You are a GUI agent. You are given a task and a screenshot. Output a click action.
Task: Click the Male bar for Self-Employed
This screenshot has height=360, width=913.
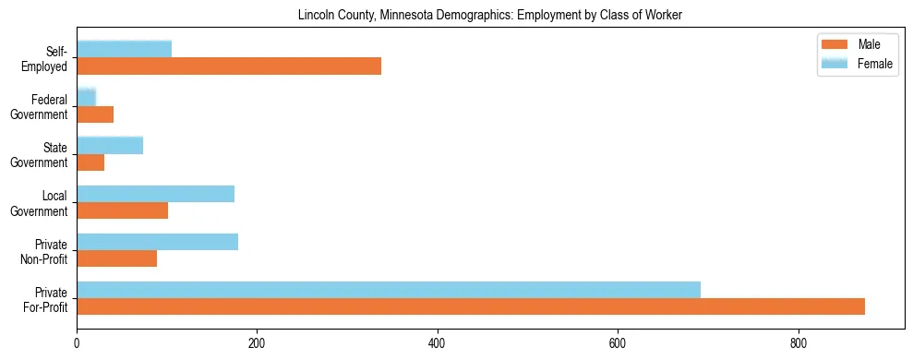click(x=229, y=66)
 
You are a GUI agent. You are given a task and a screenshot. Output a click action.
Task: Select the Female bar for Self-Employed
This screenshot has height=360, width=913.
click(x=124, y=49)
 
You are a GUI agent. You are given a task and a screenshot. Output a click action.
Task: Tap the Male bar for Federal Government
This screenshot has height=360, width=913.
click(x=95, y=114)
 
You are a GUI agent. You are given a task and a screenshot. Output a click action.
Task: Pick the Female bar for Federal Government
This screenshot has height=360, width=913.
click(x=86, y=97)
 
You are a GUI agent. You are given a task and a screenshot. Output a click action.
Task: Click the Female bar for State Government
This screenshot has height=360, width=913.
click(x=110, y=145)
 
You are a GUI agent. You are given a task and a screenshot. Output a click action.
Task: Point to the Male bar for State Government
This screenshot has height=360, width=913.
click(x=90, y=162)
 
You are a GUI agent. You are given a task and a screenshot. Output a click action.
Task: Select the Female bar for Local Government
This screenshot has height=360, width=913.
click(x=155, y=194)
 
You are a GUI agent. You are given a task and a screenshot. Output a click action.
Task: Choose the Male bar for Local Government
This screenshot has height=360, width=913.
click(x=122, y=210)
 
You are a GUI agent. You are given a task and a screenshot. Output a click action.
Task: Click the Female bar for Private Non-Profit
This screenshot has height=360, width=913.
click(x=157, y=242)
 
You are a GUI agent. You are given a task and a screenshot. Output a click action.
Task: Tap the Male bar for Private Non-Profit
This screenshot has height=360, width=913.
click(x=116, y=258)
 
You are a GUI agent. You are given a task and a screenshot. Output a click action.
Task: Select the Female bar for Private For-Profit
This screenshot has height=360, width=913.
click(x=389, y=290)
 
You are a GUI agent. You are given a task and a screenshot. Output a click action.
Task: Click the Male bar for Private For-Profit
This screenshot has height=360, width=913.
click(x=471, y=306)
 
